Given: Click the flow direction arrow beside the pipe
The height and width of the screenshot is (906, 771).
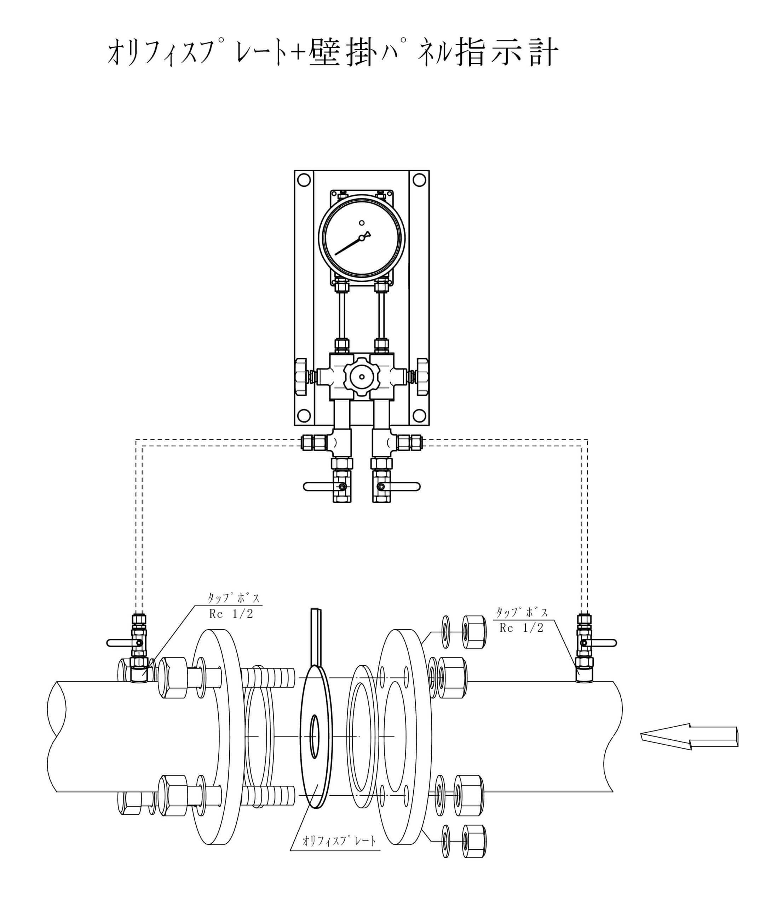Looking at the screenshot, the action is click(x=689, y=737).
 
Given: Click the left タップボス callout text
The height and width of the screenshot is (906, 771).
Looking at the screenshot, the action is click(x=234, y=597).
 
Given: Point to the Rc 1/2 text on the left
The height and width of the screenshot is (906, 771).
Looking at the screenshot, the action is click(x=231, y=614).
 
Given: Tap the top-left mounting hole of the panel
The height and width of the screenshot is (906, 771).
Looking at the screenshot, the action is click(x=304, y=180).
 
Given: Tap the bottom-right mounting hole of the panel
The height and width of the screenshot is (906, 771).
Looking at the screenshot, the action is click(x=419, y=415).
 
